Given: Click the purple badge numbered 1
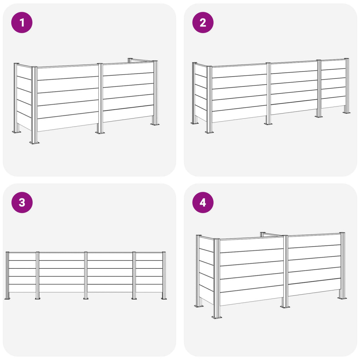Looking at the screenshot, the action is pos(22,22).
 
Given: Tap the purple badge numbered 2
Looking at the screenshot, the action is pos(203,22).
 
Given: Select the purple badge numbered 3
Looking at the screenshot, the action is pos(22,202).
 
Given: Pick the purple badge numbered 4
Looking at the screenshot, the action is pos(203,202).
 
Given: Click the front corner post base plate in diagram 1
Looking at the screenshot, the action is pos(34,143).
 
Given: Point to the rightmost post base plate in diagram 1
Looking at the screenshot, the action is pos(155,124).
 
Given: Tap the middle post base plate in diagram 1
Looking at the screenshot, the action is pos(100,133).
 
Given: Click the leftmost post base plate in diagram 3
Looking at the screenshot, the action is pos(7,298).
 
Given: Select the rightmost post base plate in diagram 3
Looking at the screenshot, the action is pos(164,298).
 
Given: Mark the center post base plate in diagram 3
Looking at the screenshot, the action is pos(86,298).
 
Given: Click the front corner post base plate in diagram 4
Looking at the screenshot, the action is pos(217,317).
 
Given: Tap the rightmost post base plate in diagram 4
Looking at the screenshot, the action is pos(342,298).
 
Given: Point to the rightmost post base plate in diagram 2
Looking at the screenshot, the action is pos(347,112).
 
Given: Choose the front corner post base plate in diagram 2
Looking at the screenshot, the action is pos(210,132).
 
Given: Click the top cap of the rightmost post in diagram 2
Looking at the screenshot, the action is pos(346,59).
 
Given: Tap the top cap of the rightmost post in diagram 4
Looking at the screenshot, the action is pos(342,233).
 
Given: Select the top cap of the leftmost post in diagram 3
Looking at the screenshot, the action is pos(7,252).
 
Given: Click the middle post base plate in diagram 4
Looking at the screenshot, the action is pos(285,307).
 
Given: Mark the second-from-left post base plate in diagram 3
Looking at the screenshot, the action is pos(37,298).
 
